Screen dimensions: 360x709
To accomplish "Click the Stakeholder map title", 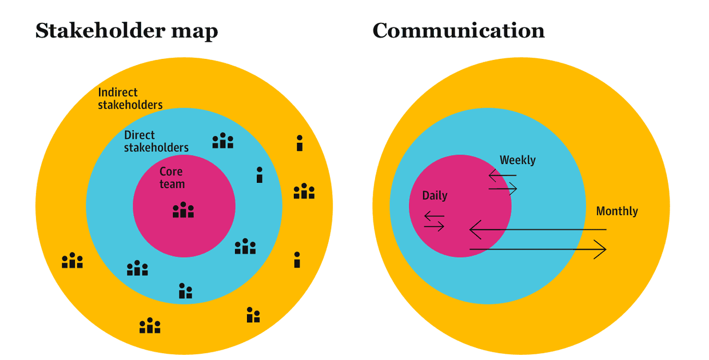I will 126,31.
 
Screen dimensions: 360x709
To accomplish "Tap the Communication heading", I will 458,31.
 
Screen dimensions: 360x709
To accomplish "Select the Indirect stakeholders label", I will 130,98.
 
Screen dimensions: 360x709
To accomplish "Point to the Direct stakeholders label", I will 156,141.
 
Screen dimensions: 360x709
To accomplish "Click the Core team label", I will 172,177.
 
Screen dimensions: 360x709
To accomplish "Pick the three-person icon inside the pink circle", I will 184,210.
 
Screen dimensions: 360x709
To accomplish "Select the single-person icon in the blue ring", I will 260,175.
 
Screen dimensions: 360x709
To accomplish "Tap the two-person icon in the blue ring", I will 185,291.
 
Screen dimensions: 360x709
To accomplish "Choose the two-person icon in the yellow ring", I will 253,315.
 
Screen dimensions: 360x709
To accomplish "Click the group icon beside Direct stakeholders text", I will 223,141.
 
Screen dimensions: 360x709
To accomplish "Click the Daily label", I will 435,195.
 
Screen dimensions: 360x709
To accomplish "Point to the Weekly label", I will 517,160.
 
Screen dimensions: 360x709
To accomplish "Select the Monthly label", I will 617,211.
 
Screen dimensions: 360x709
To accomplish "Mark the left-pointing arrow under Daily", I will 434,216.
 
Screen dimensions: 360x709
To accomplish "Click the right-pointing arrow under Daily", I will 434,226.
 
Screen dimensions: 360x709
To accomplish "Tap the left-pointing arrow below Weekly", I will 502,175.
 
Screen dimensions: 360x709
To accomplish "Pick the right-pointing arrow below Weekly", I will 503,188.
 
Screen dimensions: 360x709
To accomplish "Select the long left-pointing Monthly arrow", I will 537,230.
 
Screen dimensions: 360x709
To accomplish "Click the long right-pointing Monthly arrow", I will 537,249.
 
